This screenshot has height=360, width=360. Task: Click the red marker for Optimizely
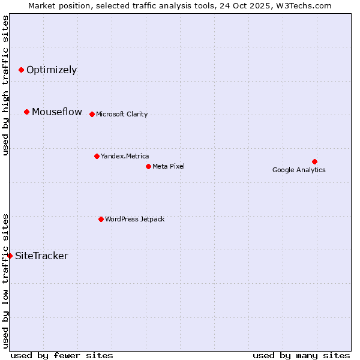22,70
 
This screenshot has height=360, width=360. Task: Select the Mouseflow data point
27,112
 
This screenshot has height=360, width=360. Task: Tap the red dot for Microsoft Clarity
92,114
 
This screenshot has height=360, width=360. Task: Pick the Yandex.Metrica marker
97,156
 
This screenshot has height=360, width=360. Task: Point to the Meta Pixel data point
148,166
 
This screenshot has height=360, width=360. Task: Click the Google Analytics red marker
314,161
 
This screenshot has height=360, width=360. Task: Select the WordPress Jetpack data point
101,219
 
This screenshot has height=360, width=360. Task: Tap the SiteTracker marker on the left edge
10,256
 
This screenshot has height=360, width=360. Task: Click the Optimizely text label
52,70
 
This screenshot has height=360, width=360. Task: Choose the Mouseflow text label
57,112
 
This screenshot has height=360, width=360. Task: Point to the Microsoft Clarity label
122,114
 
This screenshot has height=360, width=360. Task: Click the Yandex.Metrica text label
125,156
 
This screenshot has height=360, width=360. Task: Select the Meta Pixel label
169,166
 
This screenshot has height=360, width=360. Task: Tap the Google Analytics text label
299,170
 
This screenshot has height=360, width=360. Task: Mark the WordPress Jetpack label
134,219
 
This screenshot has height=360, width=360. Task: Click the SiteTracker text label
41,256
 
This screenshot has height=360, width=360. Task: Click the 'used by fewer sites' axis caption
62,355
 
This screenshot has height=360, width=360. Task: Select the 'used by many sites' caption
301,355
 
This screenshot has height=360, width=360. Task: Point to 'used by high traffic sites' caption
5,85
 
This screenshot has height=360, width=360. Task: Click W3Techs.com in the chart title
304,5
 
